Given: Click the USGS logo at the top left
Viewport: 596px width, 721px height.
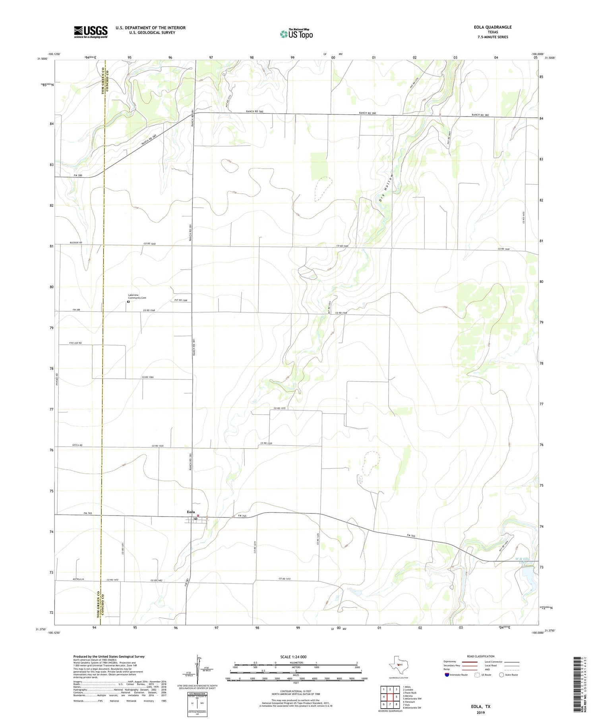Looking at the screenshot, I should tap(91, 32).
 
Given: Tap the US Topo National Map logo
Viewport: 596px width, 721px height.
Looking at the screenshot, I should tap(296, 34).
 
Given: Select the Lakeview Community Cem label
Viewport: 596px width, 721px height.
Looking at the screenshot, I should tap(137, 296).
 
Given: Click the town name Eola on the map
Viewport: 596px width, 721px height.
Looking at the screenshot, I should tap(191, 512).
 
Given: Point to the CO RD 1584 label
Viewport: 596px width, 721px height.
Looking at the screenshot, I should tap(147, 377).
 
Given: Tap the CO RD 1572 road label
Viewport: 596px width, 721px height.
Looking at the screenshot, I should tap(280, 408).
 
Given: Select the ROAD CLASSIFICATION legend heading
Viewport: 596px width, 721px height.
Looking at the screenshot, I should tap(481, 656).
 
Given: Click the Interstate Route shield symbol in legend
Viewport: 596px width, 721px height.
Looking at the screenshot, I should tap(447, 675).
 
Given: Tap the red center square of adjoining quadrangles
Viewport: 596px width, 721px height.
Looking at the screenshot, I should tap(391, 697).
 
